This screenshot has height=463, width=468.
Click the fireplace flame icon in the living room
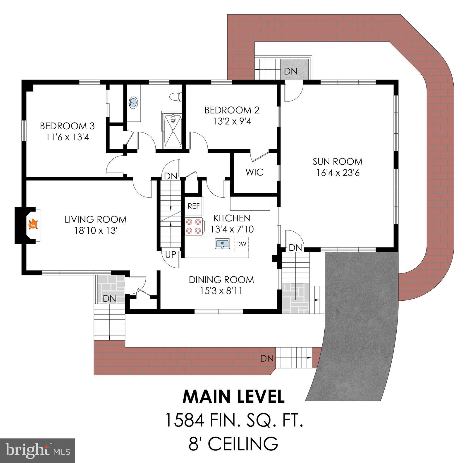[33, 225]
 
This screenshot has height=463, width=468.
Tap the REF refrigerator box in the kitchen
[194, 206]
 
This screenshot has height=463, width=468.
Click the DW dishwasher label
[241, 244]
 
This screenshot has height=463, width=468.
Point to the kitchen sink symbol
[222, 243]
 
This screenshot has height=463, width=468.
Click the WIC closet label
[254, 172]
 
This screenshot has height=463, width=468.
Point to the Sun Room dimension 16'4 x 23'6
[338, 173]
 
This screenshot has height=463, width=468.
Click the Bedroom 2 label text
[232, 110]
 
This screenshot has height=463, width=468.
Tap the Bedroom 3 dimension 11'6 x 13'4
[67, 137]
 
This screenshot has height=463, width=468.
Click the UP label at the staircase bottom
[171, 255]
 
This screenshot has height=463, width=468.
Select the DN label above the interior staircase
[171, 176]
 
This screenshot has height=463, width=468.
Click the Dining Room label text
[221, 280]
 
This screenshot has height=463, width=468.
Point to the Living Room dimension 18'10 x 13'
[95, 231]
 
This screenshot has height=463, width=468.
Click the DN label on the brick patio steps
[267, 358]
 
